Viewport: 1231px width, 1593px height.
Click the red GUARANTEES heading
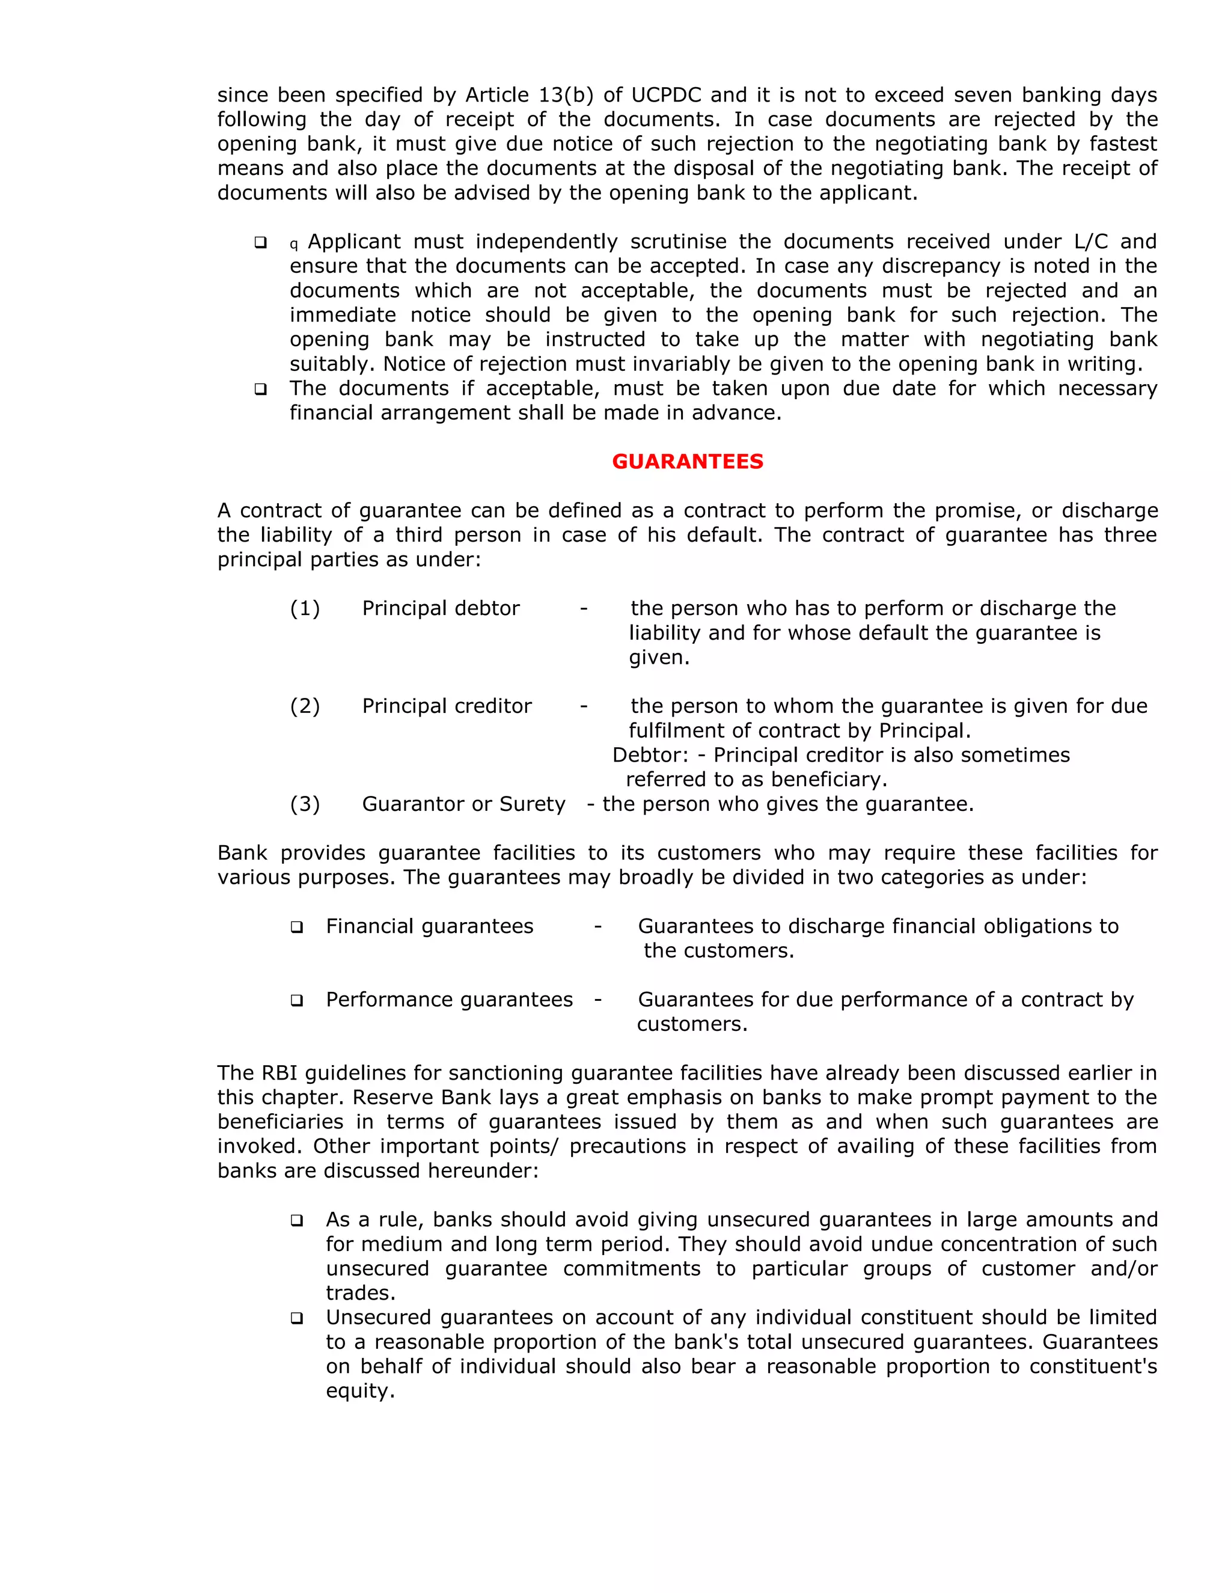point(687,462)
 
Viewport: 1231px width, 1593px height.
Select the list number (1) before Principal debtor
point(305,608)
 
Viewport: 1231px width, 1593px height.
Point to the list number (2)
point(305,706)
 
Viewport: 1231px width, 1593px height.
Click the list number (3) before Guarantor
point(305,804)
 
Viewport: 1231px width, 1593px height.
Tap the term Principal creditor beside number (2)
point(447,706)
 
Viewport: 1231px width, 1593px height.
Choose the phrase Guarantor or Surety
point(464,804)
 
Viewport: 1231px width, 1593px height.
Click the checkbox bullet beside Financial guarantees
point(297,927)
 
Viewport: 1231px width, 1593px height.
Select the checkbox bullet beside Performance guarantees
point(297,1000)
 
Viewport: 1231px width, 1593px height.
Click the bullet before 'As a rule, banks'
point(297,1220)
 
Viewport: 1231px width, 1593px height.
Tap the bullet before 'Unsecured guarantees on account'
point(297,1318)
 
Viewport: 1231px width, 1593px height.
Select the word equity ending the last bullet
point(359,1391)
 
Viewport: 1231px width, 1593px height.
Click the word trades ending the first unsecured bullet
point(359,1293)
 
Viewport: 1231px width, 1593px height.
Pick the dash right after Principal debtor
point(584,608)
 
